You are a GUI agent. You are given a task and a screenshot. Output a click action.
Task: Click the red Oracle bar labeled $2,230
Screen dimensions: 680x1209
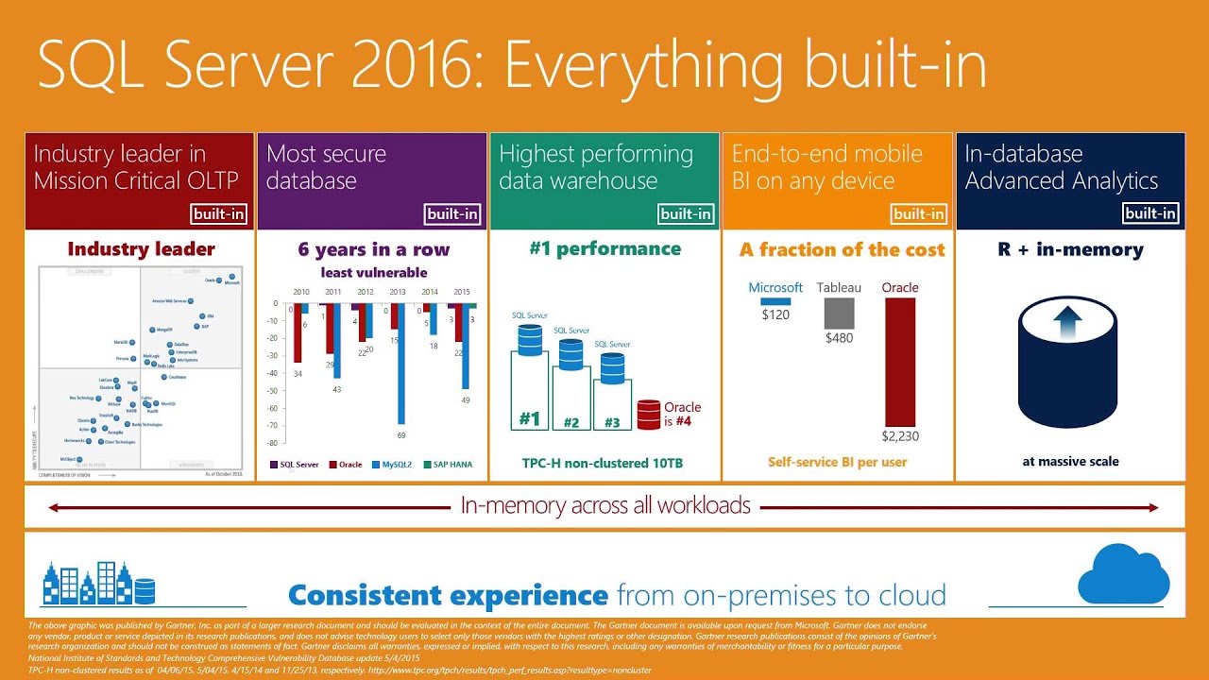click(900, 363)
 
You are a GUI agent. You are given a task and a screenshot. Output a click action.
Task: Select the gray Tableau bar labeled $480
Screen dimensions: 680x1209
click(839, 314)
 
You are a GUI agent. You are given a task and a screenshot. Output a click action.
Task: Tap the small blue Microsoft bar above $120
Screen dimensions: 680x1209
click(775, 301)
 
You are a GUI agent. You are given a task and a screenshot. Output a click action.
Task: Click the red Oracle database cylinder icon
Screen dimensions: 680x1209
click(648, 415)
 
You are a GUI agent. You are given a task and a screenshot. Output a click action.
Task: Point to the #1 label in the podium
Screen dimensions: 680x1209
click(530, 418)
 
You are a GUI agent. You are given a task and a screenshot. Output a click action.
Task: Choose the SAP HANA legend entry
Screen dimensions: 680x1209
click(448, 465)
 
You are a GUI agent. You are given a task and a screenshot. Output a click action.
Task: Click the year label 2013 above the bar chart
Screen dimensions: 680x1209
click(397, 292)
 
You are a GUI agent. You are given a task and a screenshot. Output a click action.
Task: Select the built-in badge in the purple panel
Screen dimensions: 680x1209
click(452, 213)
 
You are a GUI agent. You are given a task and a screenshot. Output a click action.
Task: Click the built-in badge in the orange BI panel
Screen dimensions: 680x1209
click(918, 213)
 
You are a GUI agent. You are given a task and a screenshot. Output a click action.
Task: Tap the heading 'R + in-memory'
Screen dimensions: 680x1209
click(1070, 250)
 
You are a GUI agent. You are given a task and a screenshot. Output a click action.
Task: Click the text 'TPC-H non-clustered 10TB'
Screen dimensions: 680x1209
click(603, 463)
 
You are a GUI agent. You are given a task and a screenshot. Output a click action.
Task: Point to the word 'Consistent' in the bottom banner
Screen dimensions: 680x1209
click(366, 595)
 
